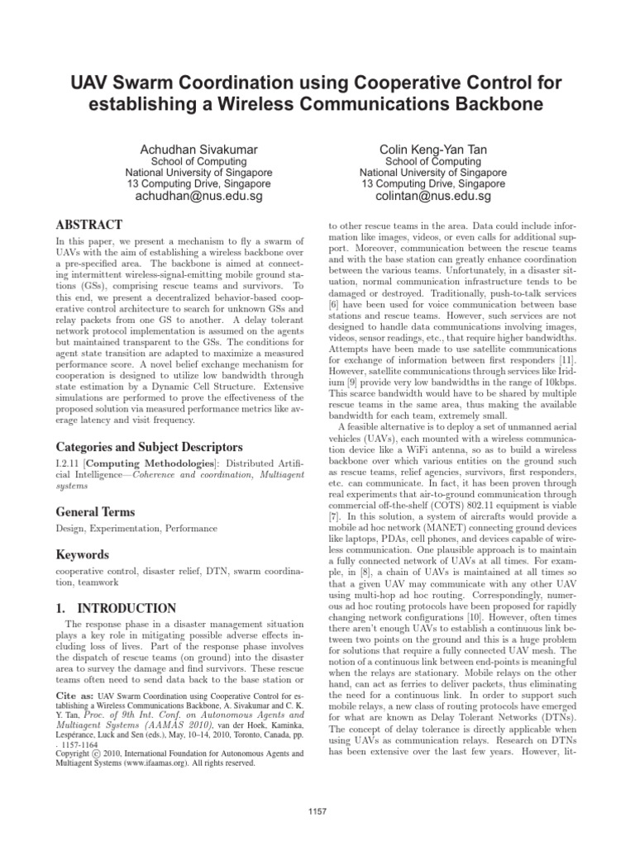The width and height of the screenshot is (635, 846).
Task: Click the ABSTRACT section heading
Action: pos(89,225)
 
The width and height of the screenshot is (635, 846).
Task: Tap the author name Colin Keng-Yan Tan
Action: pos(432,149)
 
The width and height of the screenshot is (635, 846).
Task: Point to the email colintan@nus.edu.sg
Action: pos(432,197)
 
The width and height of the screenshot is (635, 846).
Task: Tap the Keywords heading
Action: pos(84,555)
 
